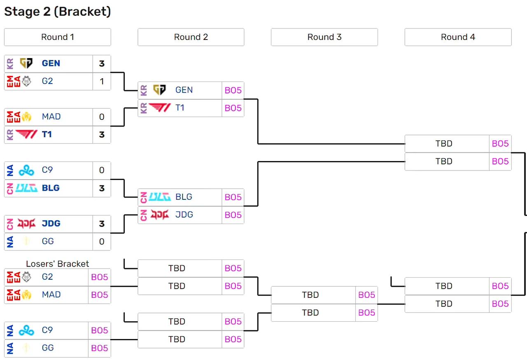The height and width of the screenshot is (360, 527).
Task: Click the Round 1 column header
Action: coord(57,37)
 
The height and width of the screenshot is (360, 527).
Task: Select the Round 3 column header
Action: coord(324,37)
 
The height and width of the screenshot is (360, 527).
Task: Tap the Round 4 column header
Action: coord(458,37)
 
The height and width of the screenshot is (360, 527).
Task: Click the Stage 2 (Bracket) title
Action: coord(57,12)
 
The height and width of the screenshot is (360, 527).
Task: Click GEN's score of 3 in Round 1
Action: coord(102,63)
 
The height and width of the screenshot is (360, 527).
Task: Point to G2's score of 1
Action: coord(102,81)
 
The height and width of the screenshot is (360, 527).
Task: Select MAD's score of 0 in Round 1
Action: coord(102,117)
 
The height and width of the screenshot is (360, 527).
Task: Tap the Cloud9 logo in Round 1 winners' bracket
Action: coord(26,170)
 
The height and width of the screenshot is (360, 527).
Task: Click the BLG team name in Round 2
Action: coord(184,197)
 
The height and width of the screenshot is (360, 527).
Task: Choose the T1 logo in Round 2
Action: coord(159,108)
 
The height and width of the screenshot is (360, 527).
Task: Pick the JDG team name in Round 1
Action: coord(51,223)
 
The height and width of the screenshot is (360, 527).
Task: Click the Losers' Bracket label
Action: coord(57,264)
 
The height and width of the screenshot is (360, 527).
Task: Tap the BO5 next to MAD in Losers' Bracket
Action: coord(99,295)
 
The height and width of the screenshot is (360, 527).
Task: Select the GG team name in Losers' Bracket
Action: coord(48,348)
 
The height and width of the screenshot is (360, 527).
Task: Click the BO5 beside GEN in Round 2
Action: coord(233,90)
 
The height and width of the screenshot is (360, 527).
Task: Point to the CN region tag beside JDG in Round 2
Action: coord(144,215)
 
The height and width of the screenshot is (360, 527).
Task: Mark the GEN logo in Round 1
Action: coord(26,63)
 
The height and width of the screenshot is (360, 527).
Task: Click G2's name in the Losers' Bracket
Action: coord(47,277)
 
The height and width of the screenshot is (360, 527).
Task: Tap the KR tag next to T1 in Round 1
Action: coord(10,135)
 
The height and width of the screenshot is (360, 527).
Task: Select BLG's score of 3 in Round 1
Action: coord(102,188)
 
